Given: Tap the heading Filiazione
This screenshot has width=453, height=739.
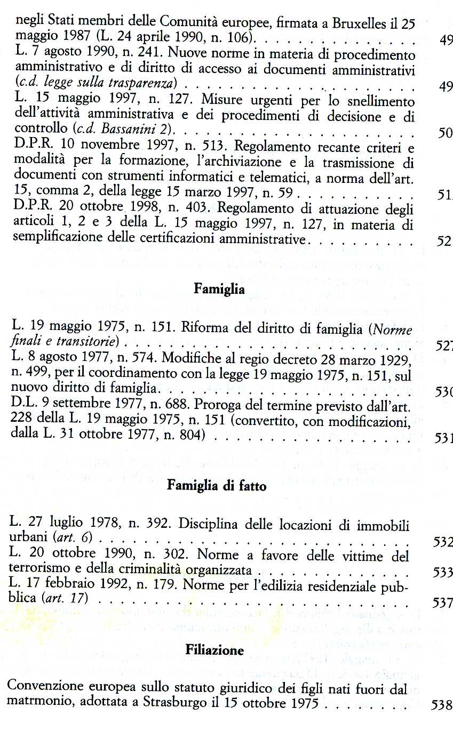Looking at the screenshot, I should coord(214,650).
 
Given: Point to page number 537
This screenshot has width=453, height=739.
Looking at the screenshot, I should coord(441,602).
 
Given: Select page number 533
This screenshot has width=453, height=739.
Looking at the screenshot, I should coord(441,573).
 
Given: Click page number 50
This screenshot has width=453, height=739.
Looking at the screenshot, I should coord(444,133).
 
